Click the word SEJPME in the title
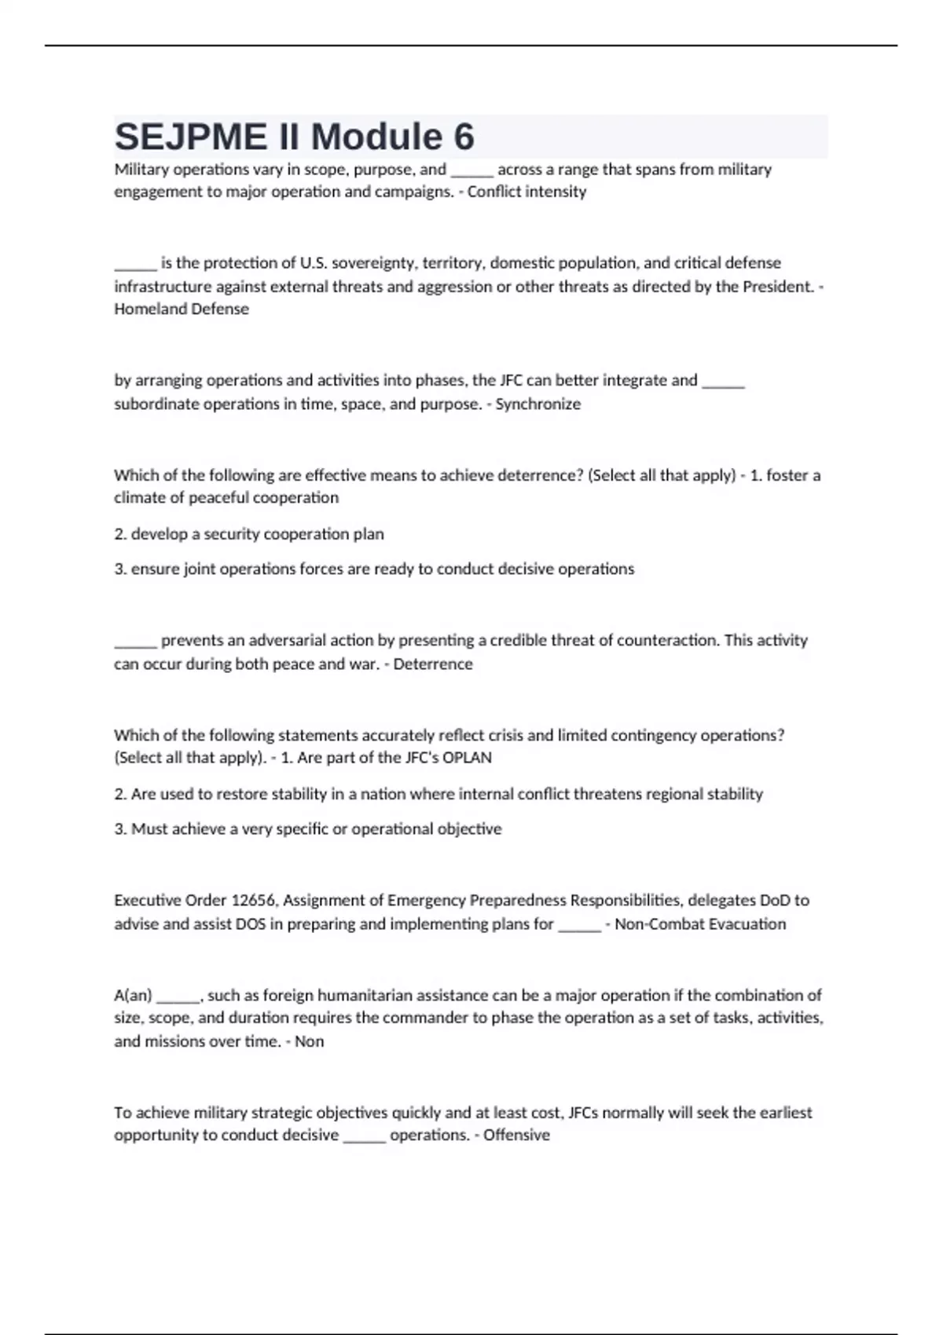point(191,137)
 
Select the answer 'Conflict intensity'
point(527,192)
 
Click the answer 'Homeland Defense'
point(182,309)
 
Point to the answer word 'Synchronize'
point(538,404)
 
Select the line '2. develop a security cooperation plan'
point(249,534)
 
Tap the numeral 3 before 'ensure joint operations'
point(119,569)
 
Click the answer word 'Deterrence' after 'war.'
point(433,664)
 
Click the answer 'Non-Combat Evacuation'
point(700,924)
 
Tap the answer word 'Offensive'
point(516,1136)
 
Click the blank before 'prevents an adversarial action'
point(135,642)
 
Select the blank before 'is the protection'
point(135,265)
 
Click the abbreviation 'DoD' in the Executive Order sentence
point(774,900)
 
